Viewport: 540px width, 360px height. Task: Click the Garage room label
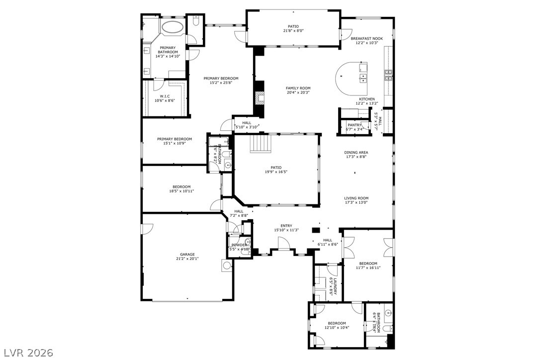[x=187, y=254]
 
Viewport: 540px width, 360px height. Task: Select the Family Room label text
[x=298, y=88]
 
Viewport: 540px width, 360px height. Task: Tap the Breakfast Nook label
[x=366, y=38]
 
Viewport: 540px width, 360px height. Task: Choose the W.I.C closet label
[x=165, y=96]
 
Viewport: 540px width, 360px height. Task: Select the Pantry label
[x=354, y=125]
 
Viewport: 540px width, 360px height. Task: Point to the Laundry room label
[x=335, y=286]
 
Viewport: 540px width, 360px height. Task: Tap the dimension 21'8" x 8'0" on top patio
[x=293, y=31]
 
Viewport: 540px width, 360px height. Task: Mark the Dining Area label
[x=356, y=153]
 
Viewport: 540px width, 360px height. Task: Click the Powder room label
[x=239, y=245]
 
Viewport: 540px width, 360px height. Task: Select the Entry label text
[x=286, y=225]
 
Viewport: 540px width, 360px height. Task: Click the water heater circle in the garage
[x=227, y=265]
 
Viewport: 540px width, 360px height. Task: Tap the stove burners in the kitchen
[x=388, y=75]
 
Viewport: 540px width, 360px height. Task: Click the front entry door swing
[x=283, y=244]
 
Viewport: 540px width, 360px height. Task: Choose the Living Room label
[x=356, y=198]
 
